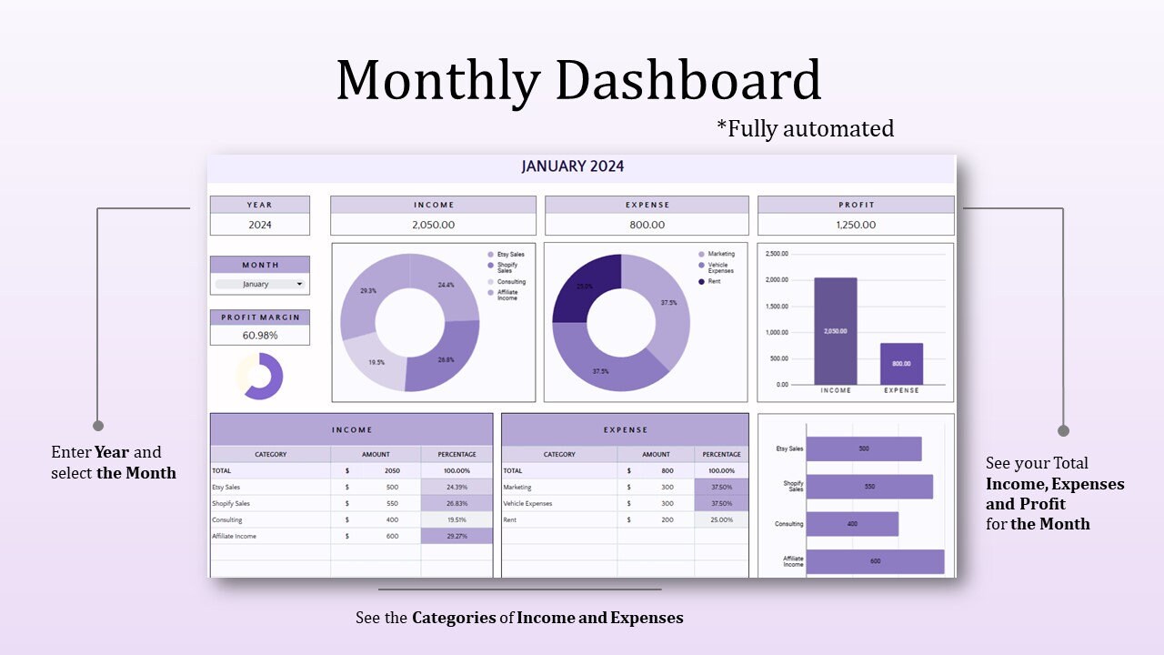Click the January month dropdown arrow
299,284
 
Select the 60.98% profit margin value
260,335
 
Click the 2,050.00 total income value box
433,225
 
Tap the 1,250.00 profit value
856,225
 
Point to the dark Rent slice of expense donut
586,287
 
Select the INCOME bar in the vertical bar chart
835,330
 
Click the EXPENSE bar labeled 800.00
901,363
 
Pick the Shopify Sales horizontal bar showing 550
868,487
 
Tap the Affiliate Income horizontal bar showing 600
875,561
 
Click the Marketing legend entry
721,254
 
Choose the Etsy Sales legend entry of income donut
510,254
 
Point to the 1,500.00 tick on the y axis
777,307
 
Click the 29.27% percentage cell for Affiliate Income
457,536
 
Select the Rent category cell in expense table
512,519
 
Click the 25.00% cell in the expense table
721,519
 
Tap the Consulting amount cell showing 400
391,519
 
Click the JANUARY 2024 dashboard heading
573,166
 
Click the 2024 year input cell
260,225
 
